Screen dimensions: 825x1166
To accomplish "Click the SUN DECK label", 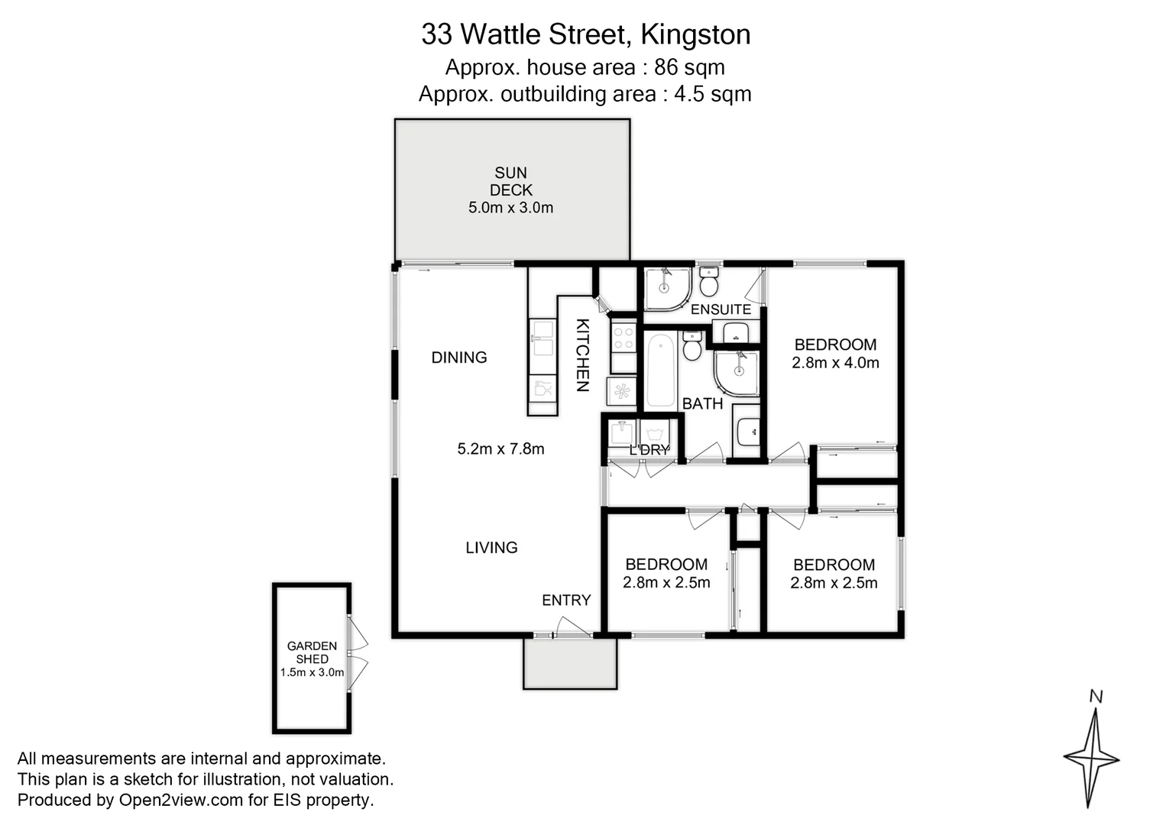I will click(510, 182).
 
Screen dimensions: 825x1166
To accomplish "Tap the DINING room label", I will click(458, 357).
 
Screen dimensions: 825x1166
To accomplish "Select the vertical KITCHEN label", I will click(582, 355).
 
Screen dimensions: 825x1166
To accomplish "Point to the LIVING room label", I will click(491, 548).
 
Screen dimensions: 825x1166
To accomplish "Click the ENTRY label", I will click(566, 600).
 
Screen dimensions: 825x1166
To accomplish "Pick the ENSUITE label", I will click(721, 309).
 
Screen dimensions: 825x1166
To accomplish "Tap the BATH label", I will click(702, 403).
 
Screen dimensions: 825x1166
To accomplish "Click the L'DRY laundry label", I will click(649, 450).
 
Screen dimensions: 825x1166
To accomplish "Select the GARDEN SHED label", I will click(312, 652).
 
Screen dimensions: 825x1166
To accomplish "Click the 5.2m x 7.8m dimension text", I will click(500, 449).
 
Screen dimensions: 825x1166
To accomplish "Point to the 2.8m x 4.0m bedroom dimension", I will click(835, 363).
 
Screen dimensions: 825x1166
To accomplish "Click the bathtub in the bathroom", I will click(661, 371).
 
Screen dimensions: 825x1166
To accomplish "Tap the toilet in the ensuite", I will click(709, 282).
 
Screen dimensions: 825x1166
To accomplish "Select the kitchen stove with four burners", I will click(623, 337).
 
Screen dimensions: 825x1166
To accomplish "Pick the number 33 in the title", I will click(437, 34).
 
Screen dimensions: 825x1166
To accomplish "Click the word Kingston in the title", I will click(695, 34).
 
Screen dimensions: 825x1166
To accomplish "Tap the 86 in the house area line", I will click(666, 67).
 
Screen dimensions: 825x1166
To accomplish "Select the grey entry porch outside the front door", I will click(569, 664).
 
